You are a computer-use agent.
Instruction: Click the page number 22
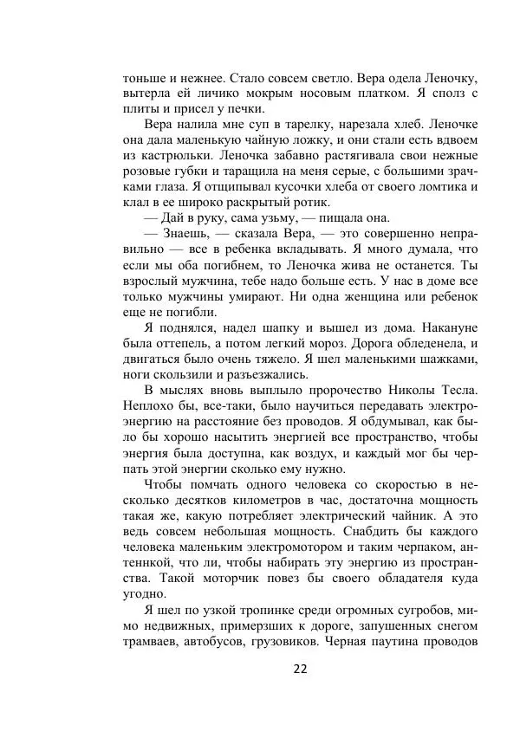301,668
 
